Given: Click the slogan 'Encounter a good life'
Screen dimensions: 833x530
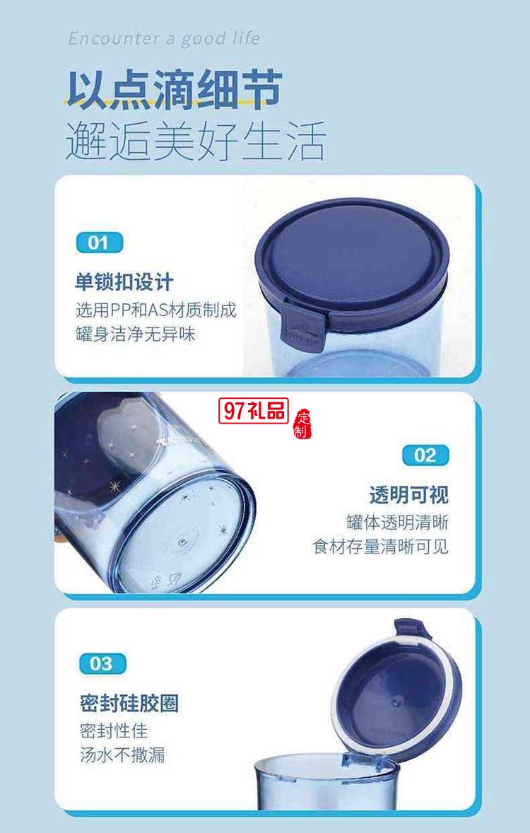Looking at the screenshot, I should (164, 38).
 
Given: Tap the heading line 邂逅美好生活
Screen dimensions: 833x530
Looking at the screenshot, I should (195, 141).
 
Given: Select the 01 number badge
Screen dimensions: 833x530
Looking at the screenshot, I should (99, 243).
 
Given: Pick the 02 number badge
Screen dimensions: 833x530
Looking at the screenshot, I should (425, 455).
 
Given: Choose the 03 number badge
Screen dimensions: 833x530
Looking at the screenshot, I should (102, 663).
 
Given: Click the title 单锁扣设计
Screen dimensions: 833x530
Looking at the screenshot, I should (124, 283).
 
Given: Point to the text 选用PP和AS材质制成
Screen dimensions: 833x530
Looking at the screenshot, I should (155, 310).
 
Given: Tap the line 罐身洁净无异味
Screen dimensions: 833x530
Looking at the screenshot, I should (135, 334).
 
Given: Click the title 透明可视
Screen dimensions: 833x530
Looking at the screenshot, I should (408, 494).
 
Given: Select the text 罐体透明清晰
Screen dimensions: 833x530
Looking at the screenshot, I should (397, 522).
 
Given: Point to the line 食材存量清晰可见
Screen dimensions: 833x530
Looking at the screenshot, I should (381, 547).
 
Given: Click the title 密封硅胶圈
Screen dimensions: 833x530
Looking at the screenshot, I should (129, 703).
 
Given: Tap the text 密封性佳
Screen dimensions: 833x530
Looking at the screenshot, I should (114, 730).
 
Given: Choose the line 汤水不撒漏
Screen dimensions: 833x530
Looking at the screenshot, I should (122, 755).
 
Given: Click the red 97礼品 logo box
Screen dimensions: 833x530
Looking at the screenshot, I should (254, 411).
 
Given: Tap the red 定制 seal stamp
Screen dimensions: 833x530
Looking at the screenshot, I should (302, 423).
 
